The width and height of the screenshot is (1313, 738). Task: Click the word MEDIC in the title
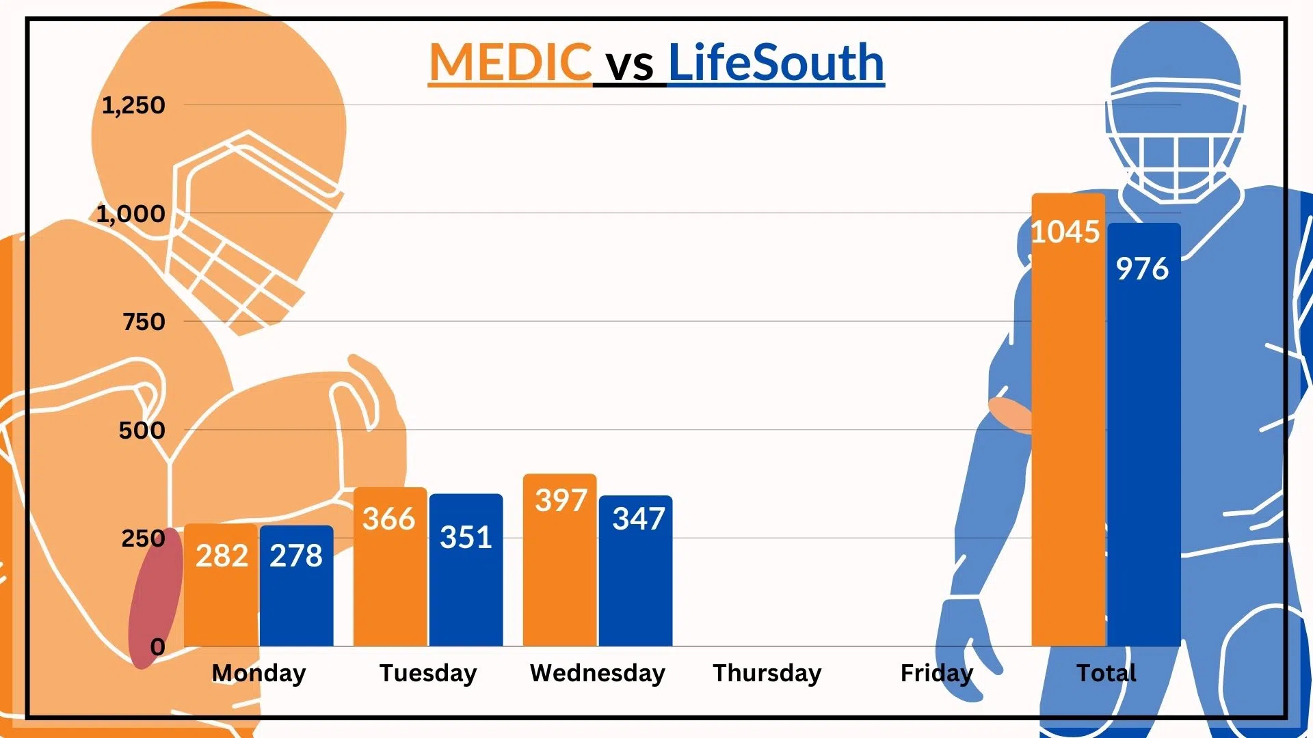coord(509,62)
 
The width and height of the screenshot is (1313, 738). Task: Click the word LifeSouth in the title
coord(775,62)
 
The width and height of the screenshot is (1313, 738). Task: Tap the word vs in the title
coord(630,65)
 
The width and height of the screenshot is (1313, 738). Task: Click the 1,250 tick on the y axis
coord(133,105)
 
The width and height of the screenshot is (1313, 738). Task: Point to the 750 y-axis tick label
coord(144,322)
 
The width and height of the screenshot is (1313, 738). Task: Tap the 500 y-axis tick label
coord(142,430)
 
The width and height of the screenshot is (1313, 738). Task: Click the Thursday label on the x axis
coord(767,673)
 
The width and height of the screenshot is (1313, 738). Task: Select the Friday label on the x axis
coord(936,673)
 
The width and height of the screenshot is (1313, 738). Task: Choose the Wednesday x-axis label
coord(597,673)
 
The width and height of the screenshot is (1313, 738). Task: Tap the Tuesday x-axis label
coord(428,673)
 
